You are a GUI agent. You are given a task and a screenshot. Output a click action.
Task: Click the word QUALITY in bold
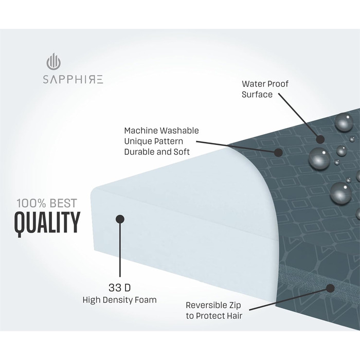47,222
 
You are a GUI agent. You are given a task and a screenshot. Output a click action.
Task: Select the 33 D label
119,286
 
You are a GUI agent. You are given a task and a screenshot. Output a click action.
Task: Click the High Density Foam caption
119,299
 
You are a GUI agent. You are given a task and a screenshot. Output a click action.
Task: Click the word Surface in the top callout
257,95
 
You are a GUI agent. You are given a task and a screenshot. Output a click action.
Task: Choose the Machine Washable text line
161,131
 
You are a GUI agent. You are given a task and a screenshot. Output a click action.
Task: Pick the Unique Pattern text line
153,141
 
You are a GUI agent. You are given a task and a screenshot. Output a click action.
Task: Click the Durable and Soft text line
157,152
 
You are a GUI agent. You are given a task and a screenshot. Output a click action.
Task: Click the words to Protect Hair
214,315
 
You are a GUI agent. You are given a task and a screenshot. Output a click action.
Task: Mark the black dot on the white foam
120,219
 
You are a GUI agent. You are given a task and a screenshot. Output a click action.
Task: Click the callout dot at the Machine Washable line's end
279,152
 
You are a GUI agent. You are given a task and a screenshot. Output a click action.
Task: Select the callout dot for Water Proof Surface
320,139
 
